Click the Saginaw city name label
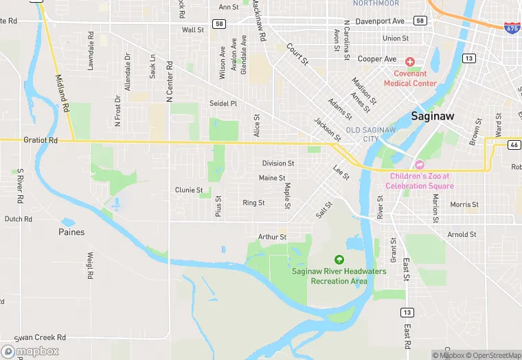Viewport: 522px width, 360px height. coord(433,116)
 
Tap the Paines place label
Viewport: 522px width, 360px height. coord(71,232)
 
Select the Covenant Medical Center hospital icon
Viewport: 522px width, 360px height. coord(410,63)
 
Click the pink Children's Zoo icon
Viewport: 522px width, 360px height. coord(419,165)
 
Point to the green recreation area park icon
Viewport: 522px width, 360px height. coord(339,260)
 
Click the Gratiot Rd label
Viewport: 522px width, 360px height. coord(40,139)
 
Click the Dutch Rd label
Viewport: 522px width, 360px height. coord(19,219)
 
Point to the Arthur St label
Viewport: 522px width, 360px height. coord(272,237)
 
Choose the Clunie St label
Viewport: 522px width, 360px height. coord(189,190)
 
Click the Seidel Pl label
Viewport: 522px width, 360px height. coord(223,103)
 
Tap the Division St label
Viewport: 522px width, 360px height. coord(278,164)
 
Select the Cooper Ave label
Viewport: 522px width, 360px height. coord(377,59)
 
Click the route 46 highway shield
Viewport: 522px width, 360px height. coord(514,144)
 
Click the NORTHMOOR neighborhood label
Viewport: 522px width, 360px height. coord(376,3)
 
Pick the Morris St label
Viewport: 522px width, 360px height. coord(464,205)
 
